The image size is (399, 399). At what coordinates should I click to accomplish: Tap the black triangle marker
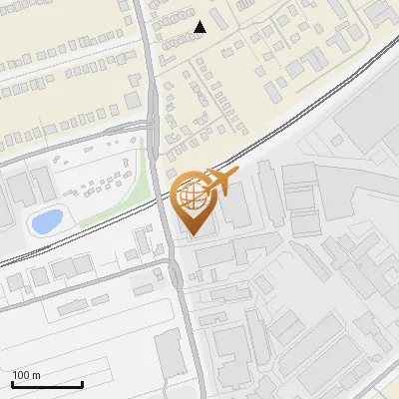200,27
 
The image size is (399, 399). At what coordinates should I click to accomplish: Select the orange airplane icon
219,183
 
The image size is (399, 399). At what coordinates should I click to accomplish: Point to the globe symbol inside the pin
190,195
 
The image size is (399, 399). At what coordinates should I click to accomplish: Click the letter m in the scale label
37,375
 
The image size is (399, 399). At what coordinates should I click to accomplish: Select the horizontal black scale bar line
47,384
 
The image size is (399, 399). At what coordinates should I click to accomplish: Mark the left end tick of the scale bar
12,382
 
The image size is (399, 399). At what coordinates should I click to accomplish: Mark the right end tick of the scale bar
82,382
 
